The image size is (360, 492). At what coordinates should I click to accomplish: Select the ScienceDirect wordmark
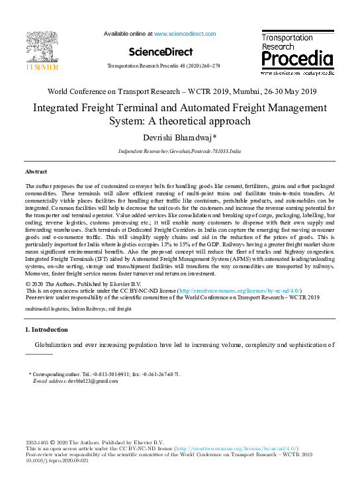pos(161,52)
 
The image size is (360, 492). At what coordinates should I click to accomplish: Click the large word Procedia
pos(296,60)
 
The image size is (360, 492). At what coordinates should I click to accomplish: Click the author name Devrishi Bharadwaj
pos(179,136)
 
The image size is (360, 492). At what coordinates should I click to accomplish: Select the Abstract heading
pos(36,171)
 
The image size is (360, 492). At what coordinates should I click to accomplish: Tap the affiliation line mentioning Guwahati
pos(179,152)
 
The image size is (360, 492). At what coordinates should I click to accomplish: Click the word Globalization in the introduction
pos(58,344)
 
